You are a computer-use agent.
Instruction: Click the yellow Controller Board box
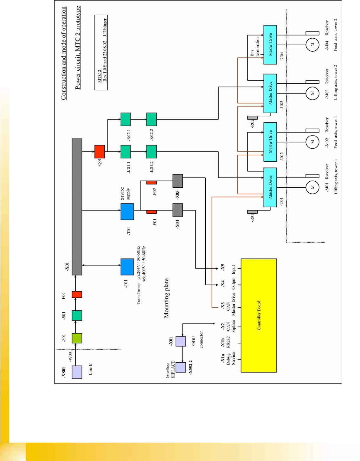pos(259,315)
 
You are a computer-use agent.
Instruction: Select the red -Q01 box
pos(100,152)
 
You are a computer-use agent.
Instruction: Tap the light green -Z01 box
pos(77,338)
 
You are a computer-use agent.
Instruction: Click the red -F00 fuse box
pos(77,295)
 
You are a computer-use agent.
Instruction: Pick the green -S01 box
pos(77,315)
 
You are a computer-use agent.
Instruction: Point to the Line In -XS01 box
pos(77,372)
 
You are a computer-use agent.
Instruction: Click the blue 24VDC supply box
pos(127,211)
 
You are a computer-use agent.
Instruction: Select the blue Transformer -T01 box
pos(127,267)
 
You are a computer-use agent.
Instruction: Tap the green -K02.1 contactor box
pos(125,120)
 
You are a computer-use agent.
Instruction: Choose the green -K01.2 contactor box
pos(151,152)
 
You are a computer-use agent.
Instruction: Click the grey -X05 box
pos(177,181)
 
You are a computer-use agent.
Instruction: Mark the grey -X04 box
pos(177,210)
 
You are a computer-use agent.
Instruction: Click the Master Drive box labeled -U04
pos(270,45)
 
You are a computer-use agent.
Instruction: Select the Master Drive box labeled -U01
pos(270,187)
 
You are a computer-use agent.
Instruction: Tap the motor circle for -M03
pos(312,93)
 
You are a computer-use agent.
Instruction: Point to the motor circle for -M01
pos(312,187)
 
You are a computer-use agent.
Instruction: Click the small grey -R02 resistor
pos(252,118)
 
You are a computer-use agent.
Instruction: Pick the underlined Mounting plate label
pos(166,298)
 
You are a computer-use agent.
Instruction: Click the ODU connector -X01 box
pos(181,341)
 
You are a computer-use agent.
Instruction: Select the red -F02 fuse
pos(151,183)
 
